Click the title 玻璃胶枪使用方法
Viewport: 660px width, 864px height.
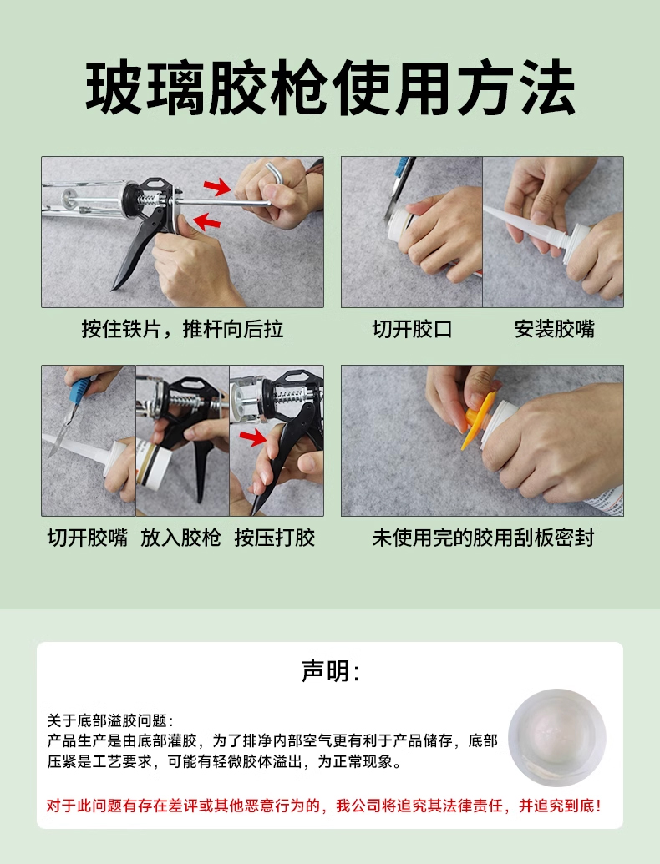(330, 88)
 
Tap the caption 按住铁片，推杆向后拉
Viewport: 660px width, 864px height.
(182, 329)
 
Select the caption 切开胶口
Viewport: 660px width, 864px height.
(412, 329)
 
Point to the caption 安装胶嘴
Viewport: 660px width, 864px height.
(554, 329)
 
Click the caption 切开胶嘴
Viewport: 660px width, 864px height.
(88, 538)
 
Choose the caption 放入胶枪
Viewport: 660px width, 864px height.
(180, 538)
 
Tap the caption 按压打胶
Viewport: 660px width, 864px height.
(275, 538)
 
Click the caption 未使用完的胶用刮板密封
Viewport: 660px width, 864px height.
(483, 538)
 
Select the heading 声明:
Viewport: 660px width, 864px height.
(330, 670)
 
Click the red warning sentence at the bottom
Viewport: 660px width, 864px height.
(323, 806)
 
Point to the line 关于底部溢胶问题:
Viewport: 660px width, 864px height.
(110, 720)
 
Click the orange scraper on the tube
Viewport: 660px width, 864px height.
(478, 419)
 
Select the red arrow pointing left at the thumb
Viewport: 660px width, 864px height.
(206, 221)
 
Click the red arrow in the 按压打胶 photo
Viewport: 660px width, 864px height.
(253, 437)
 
